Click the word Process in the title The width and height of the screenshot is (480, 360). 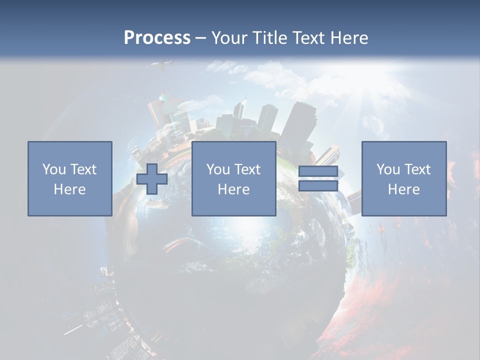[157, 38]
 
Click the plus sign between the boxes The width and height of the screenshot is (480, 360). [152, 179]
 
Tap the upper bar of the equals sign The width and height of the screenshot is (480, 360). [318, 171]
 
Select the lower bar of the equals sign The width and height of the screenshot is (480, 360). [318, 186]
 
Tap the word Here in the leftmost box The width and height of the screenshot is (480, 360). [70, 189]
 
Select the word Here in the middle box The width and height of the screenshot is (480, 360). [234, 189]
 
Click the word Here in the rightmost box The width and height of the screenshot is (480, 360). [404, 189]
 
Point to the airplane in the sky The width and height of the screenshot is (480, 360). [163, 65]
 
